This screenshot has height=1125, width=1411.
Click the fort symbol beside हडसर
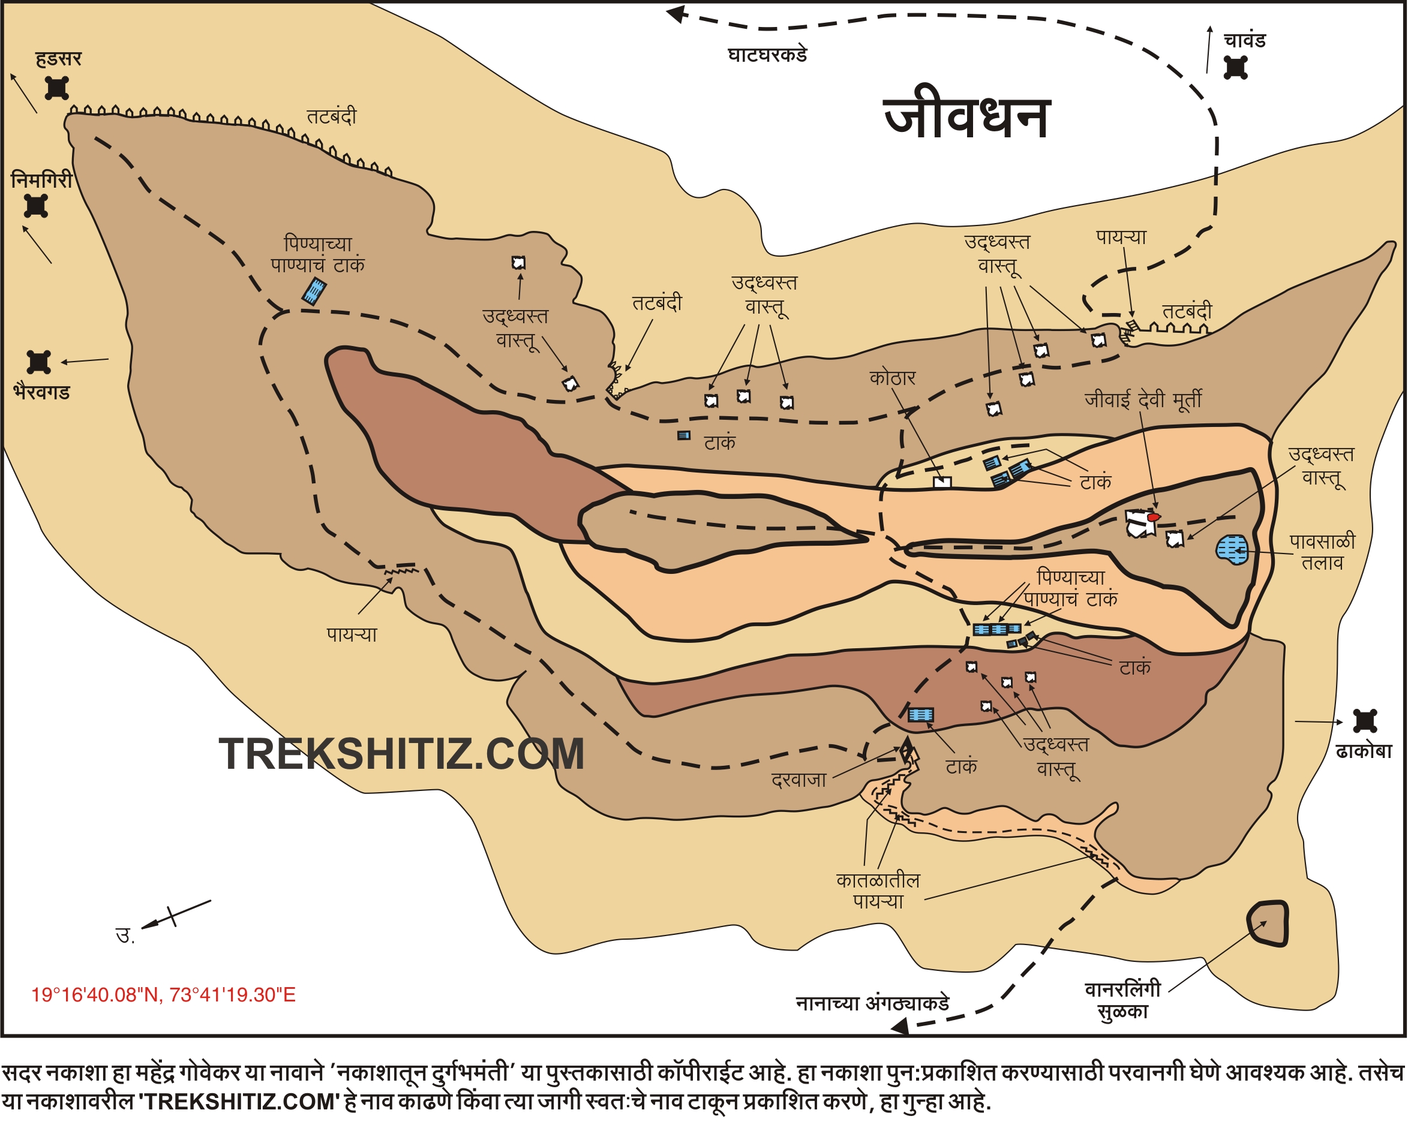pos(57,88)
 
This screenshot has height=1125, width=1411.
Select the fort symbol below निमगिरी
pos(36,206)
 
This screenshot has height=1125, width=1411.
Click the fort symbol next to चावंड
pos(1235,67)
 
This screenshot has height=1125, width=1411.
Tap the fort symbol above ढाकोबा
pos(1365,721)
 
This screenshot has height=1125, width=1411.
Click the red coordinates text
pos(164,995)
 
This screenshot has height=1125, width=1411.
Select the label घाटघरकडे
pos(767,55)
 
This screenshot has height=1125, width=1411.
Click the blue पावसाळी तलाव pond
pos(1232,549)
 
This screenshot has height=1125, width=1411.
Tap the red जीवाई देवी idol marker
pos(1154,517)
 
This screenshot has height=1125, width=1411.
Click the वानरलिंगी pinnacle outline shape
pos(1268,923)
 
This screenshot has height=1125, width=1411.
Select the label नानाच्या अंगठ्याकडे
pos(872,1003)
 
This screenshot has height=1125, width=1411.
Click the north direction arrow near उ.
pos(174,916)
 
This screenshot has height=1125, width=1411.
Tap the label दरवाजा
pos(798,780)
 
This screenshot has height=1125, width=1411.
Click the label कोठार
pos(892,378)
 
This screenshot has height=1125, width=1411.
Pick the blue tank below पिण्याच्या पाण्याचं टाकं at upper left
pos(314,291)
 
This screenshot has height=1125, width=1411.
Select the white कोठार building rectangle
pos(942,483)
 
